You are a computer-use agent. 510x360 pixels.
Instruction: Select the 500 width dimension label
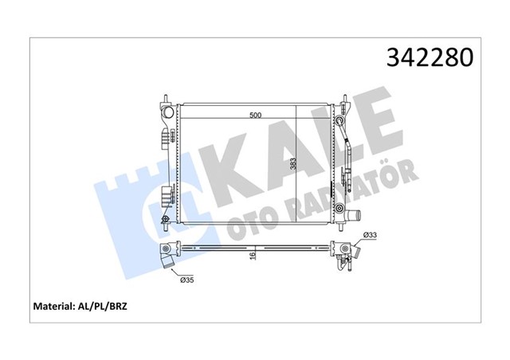tap(255, 115)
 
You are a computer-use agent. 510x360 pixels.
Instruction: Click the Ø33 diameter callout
tap(370, 234)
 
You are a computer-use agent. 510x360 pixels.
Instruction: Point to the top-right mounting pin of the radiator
tap(343, 101)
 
